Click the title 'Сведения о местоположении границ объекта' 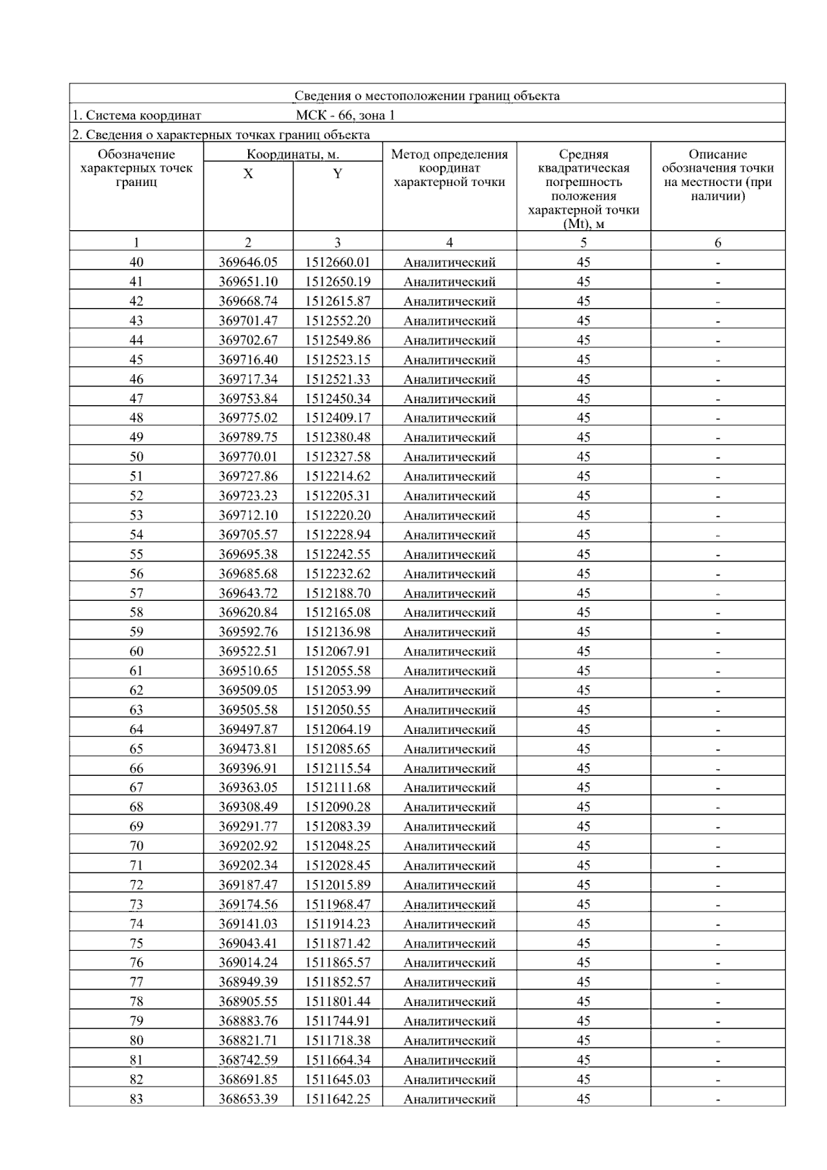427,96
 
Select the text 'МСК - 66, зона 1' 345,115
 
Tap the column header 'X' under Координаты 248,174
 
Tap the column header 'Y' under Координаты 337,174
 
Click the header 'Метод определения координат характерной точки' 449,168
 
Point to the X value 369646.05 248,262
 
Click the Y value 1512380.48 338,437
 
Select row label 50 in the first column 136,456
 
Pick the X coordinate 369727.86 248,476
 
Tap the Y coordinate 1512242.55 338,554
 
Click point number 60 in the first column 136,651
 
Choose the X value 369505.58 248,710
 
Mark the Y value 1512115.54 338,768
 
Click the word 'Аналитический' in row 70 449,846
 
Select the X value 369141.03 248,924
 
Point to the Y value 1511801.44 338,1002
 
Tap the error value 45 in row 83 584,1099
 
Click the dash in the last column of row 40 718,263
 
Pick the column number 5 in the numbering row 584,243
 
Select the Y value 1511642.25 338,1099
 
